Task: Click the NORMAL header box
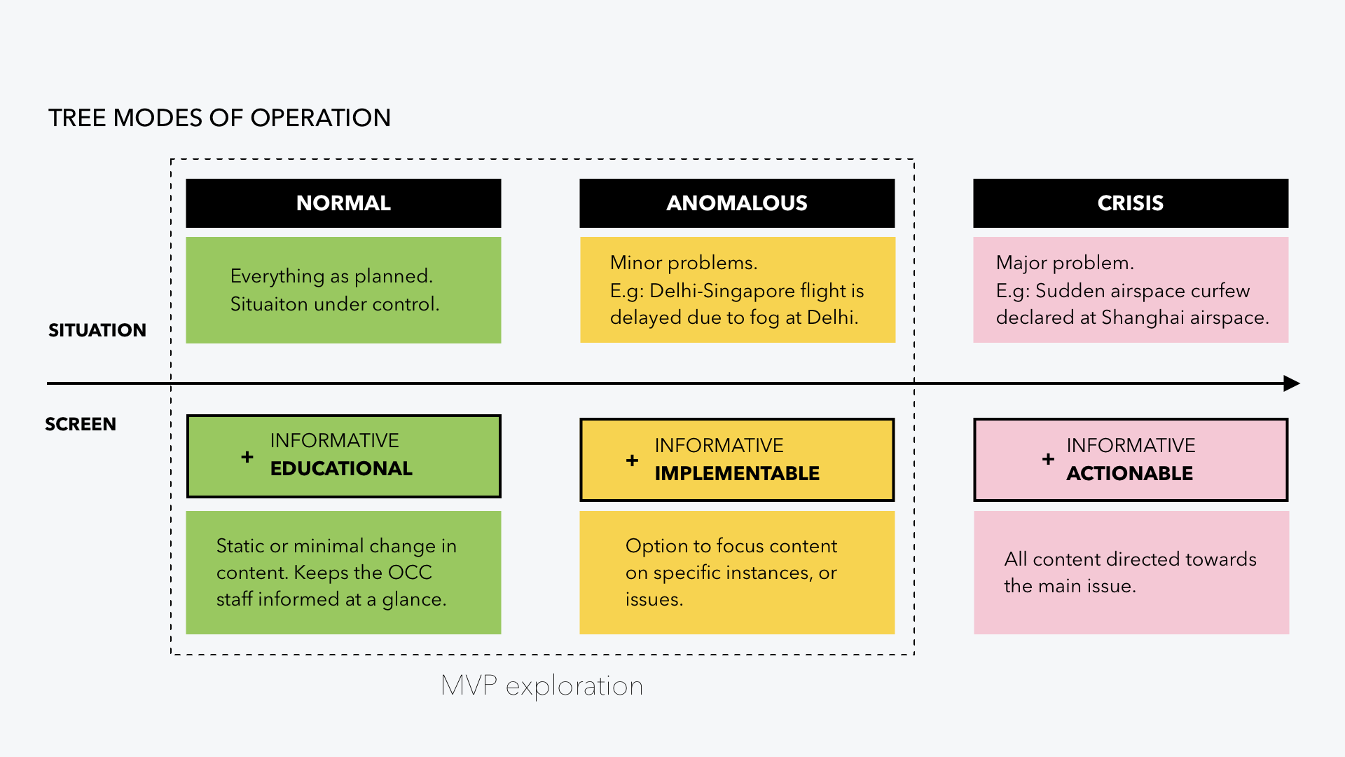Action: click(343, 203)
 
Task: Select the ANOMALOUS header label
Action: click(737, 203)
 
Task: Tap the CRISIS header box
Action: click(1130, 203)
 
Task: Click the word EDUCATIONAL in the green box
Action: click(341, 468)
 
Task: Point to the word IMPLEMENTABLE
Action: click(737, 473)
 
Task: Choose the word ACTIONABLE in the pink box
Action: click(1129, 473)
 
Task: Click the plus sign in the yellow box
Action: click(632, 461)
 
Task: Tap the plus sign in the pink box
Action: click(1048, 459)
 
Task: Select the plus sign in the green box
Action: click(247, 457)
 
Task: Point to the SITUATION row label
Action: click(97, 330)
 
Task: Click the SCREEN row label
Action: click(81, 424)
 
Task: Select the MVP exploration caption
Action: click(542, 686)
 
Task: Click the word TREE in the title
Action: click(77, 118)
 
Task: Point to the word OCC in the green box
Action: click(410, 573)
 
